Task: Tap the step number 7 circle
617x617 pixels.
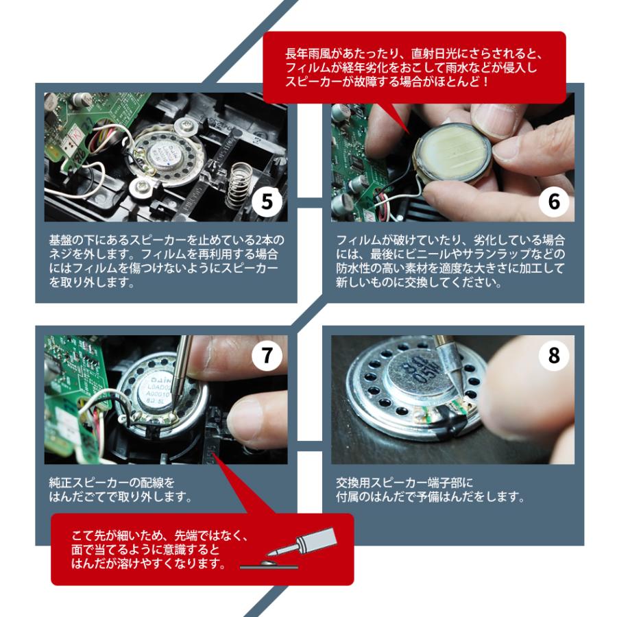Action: (x=266, y=356)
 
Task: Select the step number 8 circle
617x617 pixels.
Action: (x=553, y=356)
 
